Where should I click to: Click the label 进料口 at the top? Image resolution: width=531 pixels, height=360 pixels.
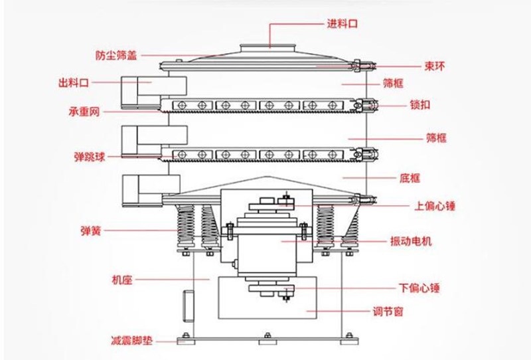pos(342,24)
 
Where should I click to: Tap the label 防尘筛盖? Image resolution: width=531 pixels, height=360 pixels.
pos(116,55)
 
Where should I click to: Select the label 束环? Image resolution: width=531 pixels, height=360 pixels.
pos(435,66)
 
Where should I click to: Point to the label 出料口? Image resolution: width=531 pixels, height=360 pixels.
pos(74,82)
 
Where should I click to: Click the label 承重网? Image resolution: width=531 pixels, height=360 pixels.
pos(84,112)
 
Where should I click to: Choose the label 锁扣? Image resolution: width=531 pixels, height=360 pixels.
pos(420,105)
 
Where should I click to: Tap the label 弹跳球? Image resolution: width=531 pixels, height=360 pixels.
pos(90,157)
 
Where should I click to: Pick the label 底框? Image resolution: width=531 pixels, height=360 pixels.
pos(410,178)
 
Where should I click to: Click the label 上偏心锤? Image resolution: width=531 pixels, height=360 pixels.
pos(435,206)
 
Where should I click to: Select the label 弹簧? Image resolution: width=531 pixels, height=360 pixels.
pos(91,231)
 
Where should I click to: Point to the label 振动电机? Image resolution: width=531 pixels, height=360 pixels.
pos(411,241)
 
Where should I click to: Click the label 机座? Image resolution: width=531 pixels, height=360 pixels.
pos(122,280)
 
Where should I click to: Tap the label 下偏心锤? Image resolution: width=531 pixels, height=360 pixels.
pos(419,288)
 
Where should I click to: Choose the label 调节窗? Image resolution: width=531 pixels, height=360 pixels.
pos(388,312)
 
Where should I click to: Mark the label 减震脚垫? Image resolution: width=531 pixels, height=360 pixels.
pos(131,340)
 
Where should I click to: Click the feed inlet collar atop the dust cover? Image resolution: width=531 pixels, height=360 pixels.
pos(269,48)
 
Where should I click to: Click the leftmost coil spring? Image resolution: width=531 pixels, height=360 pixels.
pos(186,226)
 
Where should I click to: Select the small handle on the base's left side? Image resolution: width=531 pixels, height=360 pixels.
pos(189,306)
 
